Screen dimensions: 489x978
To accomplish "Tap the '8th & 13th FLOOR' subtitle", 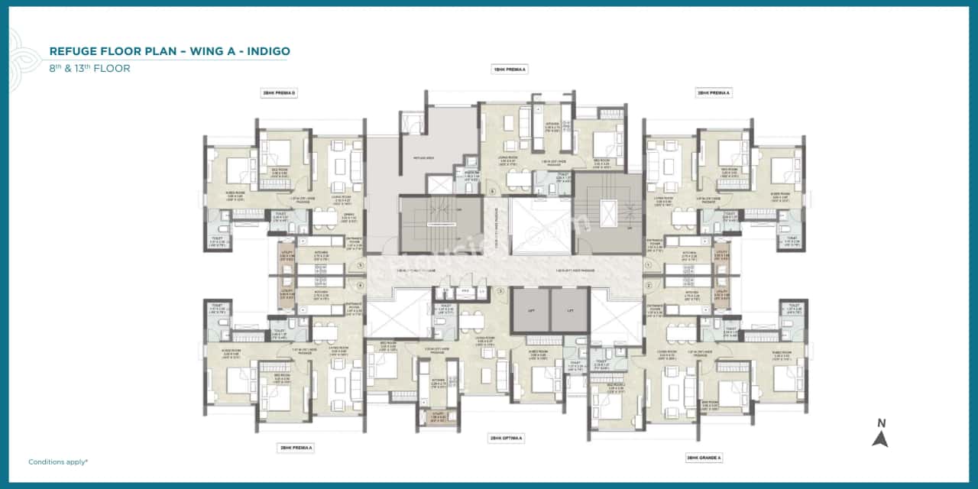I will [x=89, y=68].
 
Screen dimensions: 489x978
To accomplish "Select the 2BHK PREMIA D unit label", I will [x=279, y=93].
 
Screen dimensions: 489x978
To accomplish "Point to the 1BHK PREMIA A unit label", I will [x=510, y=69].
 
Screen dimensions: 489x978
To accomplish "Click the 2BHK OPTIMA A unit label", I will [x=506, y=438].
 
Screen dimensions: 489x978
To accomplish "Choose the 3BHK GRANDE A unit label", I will [x=704, y=458].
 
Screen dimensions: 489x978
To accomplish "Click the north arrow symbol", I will [x=880, y=439].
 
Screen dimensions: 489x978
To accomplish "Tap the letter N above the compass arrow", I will [x=881, y=423].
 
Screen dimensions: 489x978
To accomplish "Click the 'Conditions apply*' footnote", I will [x=58, y=461].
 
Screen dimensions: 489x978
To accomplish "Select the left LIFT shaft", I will [x=531, y=309].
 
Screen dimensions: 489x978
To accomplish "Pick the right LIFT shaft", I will [x=569, y=309].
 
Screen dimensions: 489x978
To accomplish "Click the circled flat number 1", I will [x=647, y=266].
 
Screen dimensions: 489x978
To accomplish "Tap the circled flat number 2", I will [x=647, y=285].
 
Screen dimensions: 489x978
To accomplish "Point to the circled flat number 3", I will [x=501, y=291].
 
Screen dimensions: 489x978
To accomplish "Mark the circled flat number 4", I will [x=361, y=285].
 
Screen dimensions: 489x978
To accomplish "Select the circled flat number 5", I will [x=361, y=266].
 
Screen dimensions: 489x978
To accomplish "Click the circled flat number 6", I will [x=492, y=190].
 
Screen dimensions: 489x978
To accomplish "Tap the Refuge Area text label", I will [x=422, y=158].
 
